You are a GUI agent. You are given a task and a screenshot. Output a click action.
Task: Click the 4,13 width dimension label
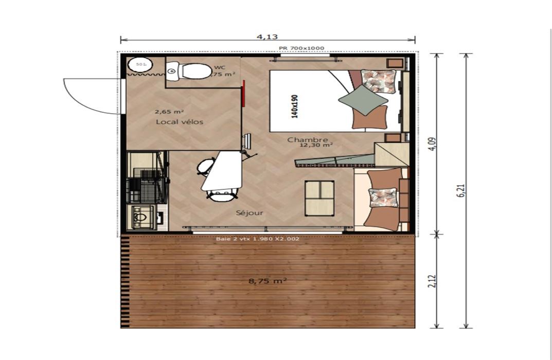click(267, 37)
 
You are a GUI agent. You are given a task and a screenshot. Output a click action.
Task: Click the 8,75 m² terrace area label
click(268, 281)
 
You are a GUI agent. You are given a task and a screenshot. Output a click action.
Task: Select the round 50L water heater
click(139, 65)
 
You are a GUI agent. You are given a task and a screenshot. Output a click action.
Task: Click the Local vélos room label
click(180, 122)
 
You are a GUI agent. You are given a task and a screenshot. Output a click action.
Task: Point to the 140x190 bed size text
click(294, 106)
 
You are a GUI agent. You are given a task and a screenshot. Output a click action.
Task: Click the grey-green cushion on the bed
click(362, 100)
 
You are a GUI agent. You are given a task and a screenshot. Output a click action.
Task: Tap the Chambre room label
click(308, 140)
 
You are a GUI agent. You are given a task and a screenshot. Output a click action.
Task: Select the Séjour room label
click(250, 213)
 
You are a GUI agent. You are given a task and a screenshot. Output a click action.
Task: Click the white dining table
click(222, 171)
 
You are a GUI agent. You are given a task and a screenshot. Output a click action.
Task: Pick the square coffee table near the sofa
click(319, 197)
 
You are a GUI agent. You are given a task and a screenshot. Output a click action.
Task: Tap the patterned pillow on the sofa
click(383, 197)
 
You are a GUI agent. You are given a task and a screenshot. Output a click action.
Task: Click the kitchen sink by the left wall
click(139, 218)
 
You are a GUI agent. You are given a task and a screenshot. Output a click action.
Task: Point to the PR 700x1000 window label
click(301, 48)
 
